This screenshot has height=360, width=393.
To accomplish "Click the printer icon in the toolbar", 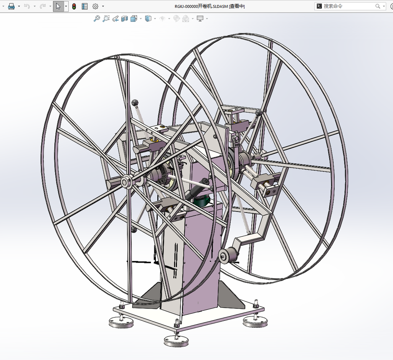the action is [11, 6].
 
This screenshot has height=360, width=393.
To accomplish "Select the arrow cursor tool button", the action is [58, 6].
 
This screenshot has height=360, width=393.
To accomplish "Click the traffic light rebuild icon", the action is [74, 6].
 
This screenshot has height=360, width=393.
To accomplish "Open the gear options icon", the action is [95, 6].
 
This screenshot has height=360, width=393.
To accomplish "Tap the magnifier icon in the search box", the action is [378, 6].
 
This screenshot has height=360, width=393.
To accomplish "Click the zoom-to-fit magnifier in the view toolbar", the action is [97, 18].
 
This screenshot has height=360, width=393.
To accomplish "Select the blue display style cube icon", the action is [149, 18].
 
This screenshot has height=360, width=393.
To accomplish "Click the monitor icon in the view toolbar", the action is [200, 18].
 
